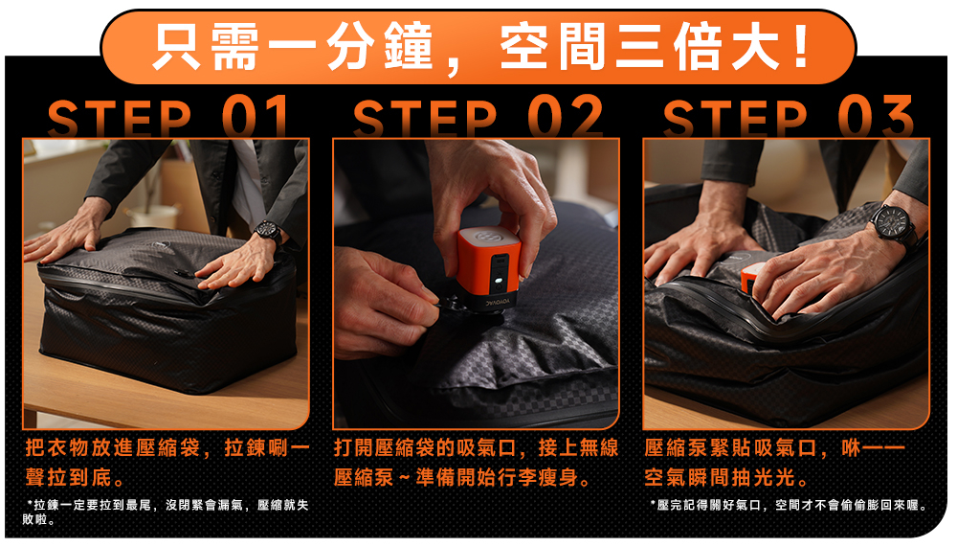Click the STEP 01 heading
pyautogui.click(x=167, y=116)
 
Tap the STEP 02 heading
pyautogui.click(x=478, y=116)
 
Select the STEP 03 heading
pyautogui.click(x=788, y=116)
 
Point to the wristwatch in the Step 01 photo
pyautogui.click(x=268, y=232)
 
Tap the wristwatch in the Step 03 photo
pyautogui.click(x=895, y=223)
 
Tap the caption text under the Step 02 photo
pyautogui.click(x=476, y=462)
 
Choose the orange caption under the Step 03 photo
pyautogui.click(x=774, y=462)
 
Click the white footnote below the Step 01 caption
pyautogui.click(x=166, y=513)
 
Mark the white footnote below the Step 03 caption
pyautogui.click(x=790, y=506)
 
